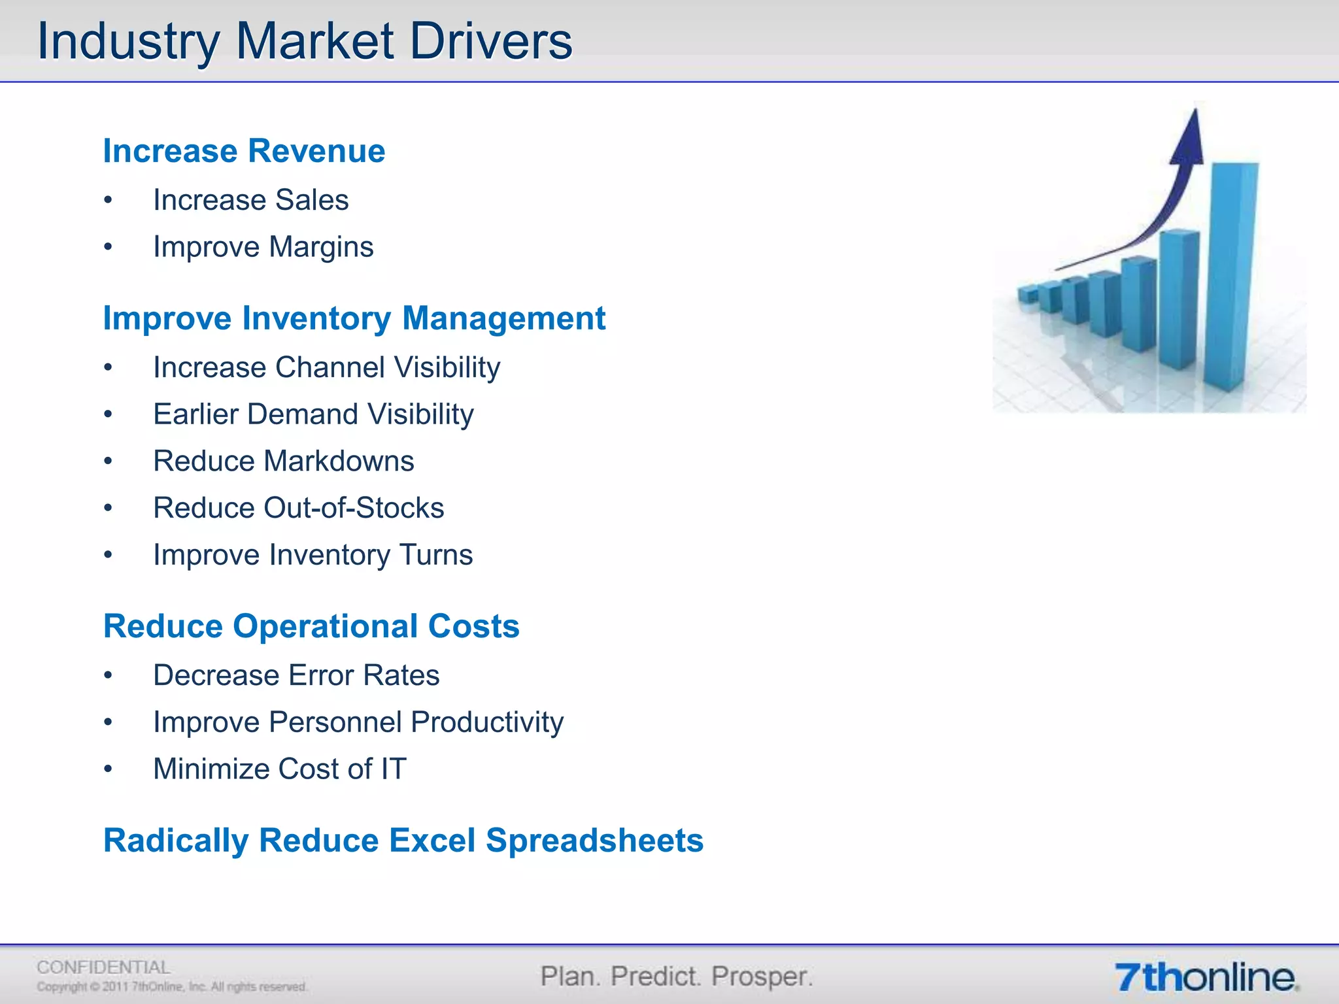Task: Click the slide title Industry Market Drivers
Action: [x=305, y=42]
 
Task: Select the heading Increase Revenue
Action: [x=244, y=151]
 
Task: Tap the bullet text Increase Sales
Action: [x=250, y=200]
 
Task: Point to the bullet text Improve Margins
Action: [x=263, y=247]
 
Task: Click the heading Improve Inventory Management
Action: [x=354, y=318]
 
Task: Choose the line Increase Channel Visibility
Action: [x=326, y=367]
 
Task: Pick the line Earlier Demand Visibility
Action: [x=313, y=414]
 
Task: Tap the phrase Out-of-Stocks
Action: [x=354, y=508]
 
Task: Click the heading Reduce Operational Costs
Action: [x=311, y=626]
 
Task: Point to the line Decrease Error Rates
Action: [x=296, y=675]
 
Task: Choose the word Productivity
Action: [x=487, y=722]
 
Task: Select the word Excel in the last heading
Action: [x=432, y=841]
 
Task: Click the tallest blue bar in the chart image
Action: [x=1233, y=275]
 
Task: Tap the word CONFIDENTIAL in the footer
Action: [x=103, y=967]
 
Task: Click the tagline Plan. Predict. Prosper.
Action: [x=677, y=977]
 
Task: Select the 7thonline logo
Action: [x=1206, y=978]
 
